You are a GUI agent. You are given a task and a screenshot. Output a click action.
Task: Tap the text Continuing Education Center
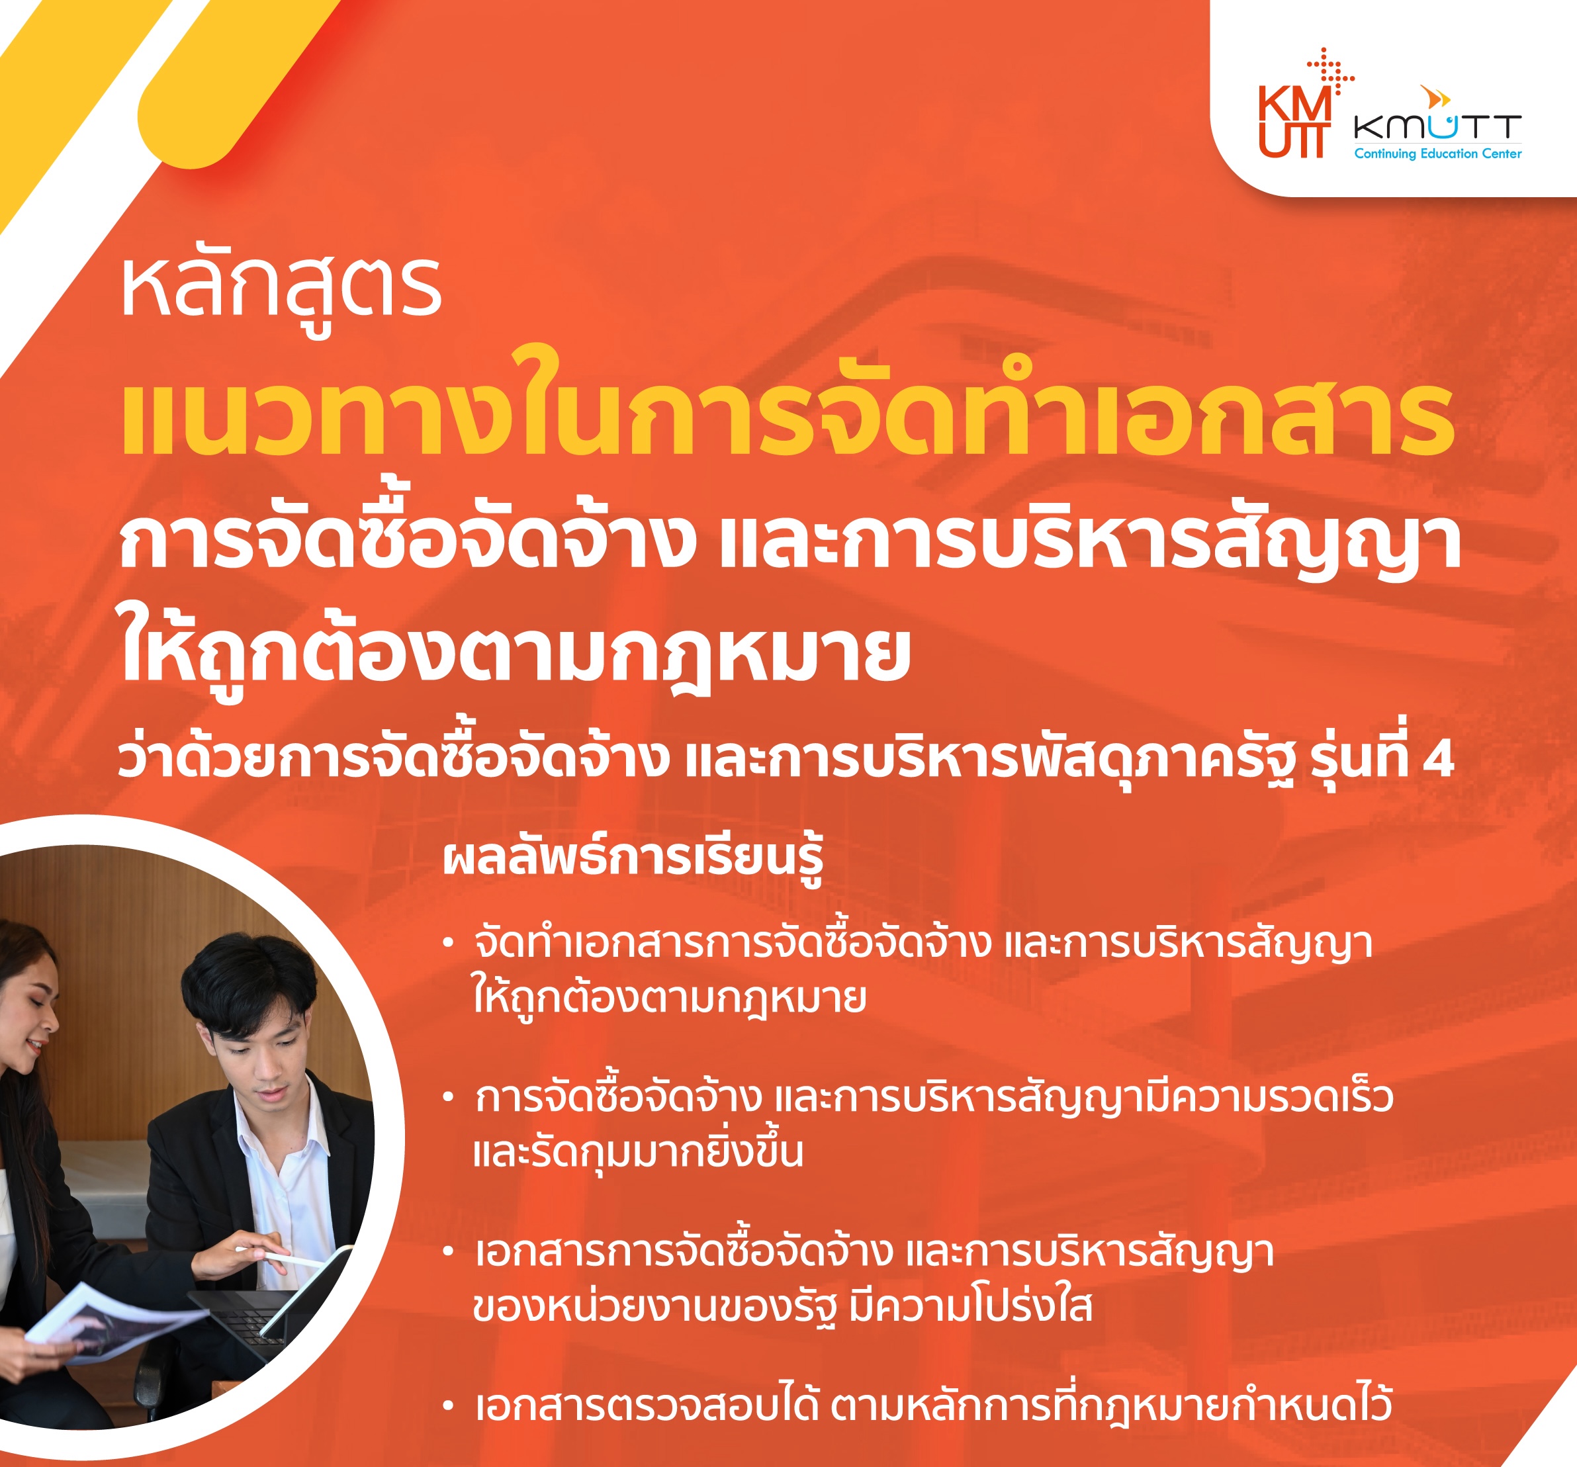[1437, 154]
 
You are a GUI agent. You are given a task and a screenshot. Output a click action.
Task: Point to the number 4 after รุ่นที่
[1437, 759]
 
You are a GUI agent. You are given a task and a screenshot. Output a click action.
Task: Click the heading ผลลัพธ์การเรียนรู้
[632, 860]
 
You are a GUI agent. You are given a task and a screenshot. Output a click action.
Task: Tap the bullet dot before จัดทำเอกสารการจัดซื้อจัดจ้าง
[448, 944]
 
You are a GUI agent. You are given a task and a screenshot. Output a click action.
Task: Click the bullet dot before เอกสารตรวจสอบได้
[448, 1407]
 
